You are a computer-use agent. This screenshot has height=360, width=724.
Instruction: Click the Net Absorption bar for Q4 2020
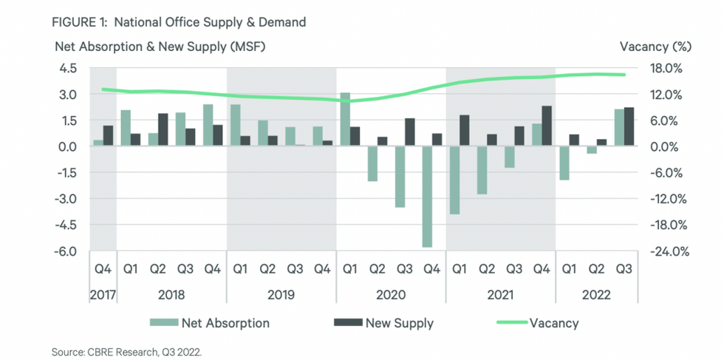[x=427, y=197]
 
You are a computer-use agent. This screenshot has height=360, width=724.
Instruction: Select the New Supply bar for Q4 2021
[x=547, y=126]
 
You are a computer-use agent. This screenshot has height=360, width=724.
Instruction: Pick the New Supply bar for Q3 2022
[x=629, y=127]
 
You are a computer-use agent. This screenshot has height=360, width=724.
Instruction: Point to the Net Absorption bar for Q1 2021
[x=454, y=180]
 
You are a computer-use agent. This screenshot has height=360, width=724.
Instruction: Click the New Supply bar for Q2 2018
[x=163, y=130]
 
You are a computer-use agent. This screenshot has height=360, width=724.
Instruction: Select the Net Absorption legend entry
[x=209, y=323]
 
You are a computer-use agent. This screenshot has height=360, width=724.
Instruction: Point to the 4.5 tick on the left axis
[x=68, y=69]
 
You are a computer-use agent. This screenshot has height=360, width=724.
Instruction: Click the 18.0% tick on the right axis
[x=672, y=69]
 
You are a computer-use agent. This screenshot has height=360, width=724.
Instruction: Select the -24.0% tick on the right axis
[x=669, y=251]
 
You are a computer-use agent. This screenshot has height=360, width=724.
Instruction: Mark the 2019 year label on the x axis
[x=281, y=294]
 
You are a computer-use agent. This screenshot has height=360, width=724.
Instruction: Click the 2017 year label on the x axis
[x=103, y=294]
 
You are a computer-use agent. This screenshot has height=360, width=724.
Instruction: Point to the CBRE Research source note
[x=126, y=351]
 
